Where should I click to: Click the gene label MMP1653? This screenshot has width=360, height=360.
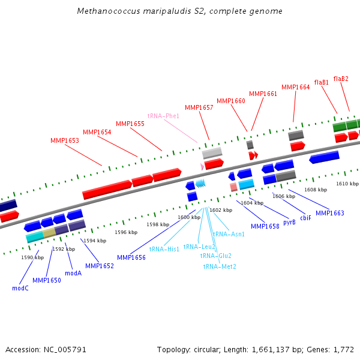(65, 140)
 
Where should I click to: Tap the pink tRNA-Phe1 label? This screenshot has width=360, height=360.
(163, 116)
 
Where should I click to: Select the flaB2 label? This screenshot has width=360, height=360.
(341, 79)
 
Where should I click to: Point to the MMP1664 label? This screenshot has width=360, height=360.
(295, 87)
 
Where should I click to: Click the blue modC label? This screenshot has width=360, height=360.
(20, 288)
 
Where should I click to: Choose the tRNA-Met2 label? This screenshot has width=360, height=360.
(220, 266)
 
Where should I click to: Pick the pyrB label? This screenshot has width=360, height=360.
(289, 222)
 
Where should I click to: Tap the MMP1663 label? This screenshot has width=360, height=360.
(330, 213)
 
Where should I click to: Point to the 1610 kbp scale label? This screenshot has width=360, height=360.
(347, 184)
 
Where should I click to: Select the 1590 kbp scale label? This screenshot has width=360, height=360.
(32, 257)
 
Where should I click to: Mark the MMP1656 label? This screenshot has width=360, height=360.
(131, 257)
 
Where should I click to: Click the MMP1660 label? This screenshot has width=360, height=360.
(231, 101)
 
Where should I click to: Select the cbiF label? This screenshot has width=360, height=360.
(305, 218)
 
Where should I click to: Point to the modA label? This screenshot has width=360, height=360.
(73, 272)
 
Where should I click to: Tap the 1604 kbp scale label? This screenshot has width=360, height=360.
(253, 203)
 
